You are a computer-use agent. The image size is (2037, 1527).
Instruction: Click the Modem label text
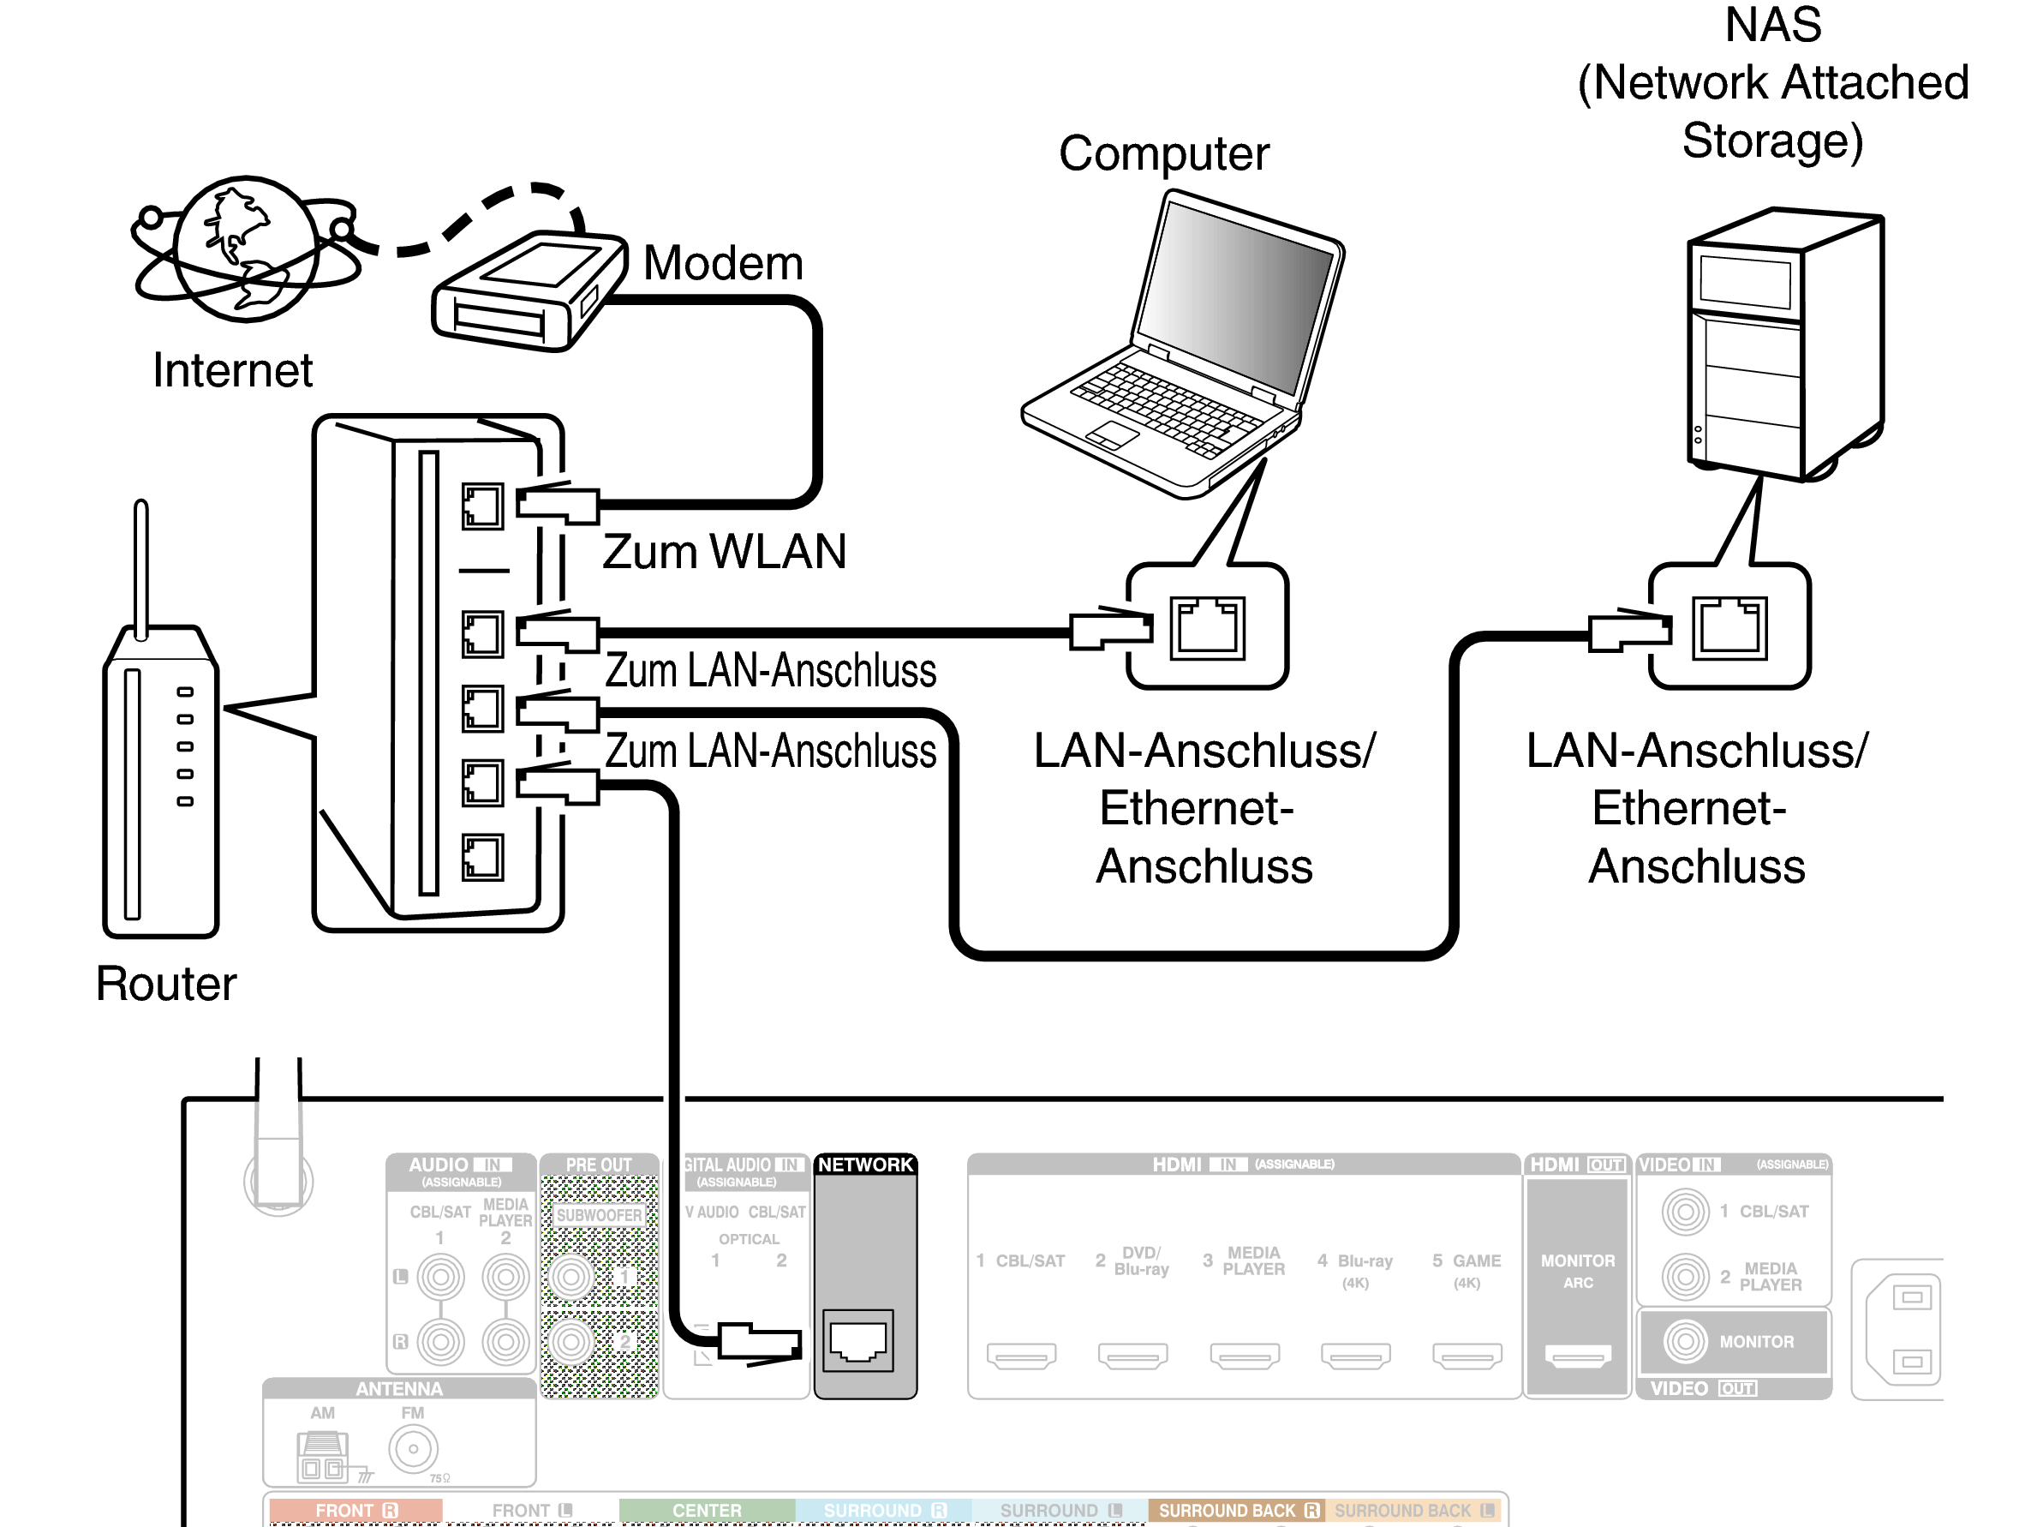[723, 263]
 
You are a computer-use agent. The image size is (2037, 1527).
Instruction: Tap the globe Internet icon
[246, 249]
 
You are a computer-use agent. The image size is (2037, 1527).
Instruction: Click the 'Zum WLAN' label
[724, 552]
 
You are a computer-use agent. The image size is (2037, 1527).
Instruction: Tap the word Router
[166, 984]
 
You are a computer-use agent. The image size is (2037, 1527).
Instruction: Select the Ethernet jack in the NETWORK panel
[857, 1340]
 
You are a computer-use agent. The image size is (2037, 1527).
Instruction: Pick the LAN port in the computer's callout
[1206, 628]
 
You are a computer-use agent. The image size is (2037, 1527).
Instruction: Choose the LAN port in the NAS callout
[1729, 628]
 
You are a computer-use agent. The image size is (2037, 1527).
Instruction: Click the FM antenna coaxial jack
[413, 1449]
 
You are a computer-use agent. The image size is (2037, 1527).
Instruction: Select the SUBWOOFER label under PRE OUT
[599, 1215]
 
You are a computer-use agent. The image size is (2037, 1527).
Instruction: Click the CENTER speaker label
[707, 1511]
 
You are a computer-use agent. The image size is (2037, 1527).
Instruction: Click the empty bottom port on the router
[482, 858]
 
